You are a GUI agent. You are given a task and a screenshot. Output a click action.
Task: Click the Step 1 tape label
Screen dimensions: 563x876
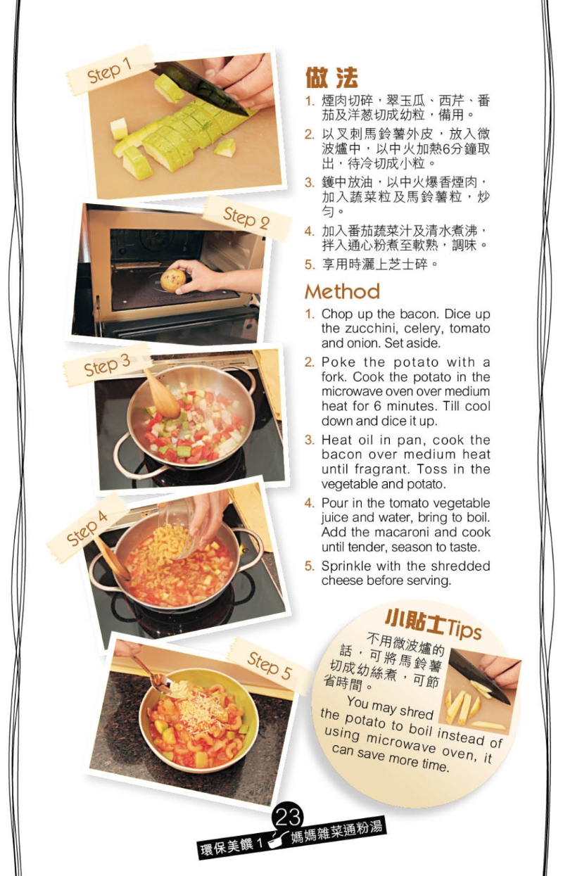pyautogui.click(x=110, y=70)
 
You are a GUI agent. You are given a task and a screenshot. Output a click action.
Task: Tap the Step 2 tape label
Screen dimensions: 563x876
pyautogui.click(x=246, y=218)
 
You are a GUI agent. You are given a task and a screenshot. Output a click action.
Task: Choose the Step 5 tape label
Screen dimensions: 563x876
pyautogui.click(x=269, y=665)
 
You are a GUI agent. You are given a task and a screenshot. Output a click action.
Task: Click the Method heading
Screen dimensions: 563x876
pyautogui.click(x=342, y=291)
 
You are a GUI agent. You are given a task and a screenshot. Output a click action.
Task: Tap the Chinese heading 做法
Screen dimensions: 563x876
pyautogui.click(x=331, y=77)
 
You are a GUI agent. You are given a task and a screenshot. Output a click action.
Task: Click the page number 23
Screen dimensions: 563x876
pyautogui.click(x=288, y=817)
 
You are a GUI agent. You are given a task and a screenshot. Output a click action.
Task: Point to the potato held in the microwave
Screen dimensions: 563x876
pyautogui.click(x=173, y=279)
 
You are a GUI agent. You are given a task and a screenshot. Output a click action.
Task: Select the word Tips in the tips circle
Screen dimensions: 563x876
pyautogui.click(x=464, y=629)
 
